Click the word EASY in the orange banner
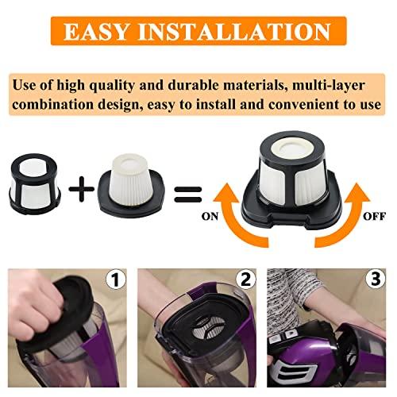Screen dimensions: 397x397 97,31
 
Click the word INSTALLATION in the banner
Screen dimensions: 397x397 234,31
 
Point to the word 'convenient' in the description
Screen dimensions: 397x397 304,104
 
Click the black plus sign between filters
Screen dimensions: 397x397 81,189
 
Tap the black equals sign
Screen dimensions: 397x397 188,195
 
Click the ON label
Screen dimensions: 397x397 210,216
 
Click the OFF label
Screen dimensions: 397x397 374,216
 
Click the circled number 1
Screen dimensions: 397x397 116,279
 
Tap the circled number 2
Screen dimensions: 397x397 245,279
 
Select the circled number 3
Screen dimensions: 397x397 376,279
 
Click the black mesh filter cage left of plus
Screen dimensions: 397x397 35,184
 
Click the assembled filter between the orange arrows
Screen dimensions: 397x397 291,180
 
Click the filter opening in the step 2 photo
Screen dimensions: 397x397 209,327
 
